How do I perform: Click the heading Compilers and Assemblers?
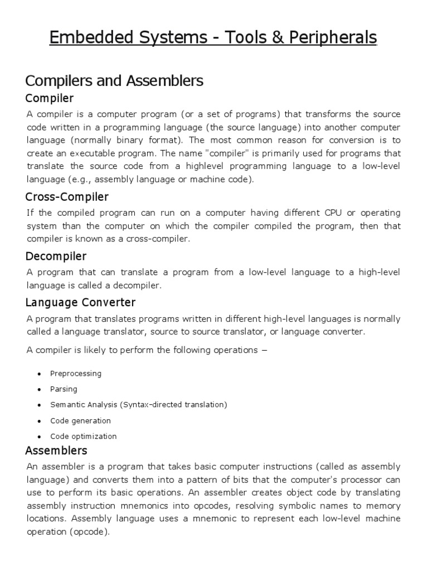(115, 81)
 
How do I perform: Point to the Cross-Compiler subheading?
(67, 197)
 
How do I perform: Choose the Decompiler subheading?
(56, 256)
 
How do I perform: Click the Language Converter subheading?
(81, 303)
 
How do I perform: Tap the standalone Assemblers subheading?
(56, 450)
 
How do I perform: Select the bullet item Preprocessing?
(76, 374)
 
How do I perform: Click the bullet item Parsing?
(64, 389)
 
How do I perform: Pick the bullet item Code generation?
(80, 420)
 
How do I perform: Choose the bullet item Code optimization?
(83, 436)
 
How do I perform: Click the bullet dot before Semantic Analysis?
(40, 405)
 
